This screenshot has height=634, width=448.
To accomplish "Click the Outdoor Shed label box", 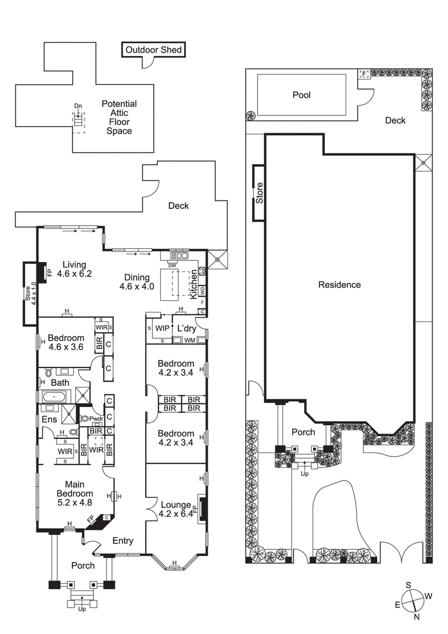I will [x=153, y=50].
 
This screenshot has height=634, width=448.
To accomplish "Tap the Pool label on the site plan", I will [x=301, y=95].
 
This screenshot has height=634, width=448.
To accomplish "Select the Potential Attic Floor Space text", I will [x=119, y=118].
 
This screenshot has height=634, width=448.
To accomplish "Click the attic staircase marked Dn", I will [x=78, y=120].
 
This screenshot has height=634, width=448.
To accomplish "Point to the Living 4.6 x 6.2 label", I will [x=77, y=269].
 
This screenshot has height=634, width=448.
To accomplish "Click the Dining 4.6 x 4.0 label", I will [x=134, y=282].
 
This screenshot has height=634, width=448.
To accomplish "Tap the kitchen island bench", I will [x=177, y=284].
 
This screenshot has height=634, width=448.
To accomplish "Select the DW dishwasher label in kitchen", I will [x=172, y=265].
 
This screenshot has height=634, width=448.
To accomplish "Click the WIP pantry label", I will [x=162, y=327].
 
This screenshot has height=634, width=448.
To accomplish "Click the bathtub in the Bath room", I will [x=54, y=397].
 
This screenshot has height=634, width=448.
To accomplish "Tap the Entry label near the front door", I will [x=123, y=540].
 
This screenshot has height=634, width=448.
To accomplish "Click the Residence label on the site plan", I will [x=339, y=285].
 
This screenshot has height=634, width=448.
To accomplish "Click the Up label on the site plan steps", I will [x=305, y=473].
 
